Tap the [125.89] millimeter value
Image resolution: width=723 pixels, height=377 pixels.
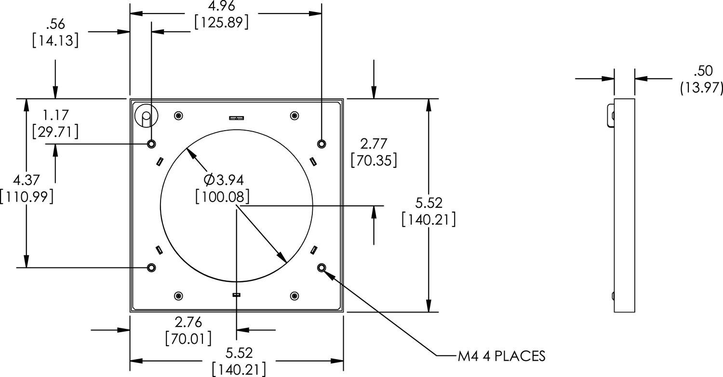[221, 22]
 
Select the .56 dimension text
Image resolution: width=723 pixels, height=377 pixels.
[55, 24]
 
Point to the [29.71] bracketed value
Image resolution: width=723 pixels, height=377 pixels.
[55, 131]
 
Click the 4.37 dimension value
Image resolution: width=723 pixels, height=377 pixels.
[27, 180]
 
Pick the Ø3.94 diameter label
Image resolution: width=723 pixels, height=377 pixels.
[223, 180]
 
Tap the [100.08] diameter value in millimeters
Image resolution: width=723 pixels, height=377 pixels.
[222, 196]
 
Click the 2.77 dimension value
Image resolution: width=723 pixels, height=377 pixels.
[374, 144]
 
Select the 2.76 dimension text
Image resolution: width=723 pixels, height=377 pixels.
[188, 322]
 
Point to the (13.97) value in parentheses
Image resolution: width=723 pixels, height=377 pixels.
[701, 88]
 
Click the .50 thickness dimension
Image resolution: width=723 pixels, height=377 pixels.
[703, 71]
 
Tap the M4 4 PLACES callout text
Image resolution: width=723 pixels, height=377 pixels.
[501, 356]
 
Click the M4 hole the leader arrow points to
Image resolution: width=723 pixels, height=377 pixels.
[321, 268]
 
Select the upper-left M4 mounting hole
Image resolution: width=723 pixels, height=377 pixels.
[151, 144]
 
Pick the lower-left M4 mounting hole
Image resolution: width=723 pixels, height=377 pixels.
[151, 268]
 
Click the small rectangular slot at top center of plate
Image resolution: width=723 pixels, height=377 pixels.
[236, 117]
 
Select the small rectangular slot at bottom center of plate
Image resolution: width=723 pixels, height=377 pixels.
[236, 295]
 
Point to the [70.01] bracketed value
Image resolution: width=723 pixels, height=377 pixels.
[188, 338]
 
